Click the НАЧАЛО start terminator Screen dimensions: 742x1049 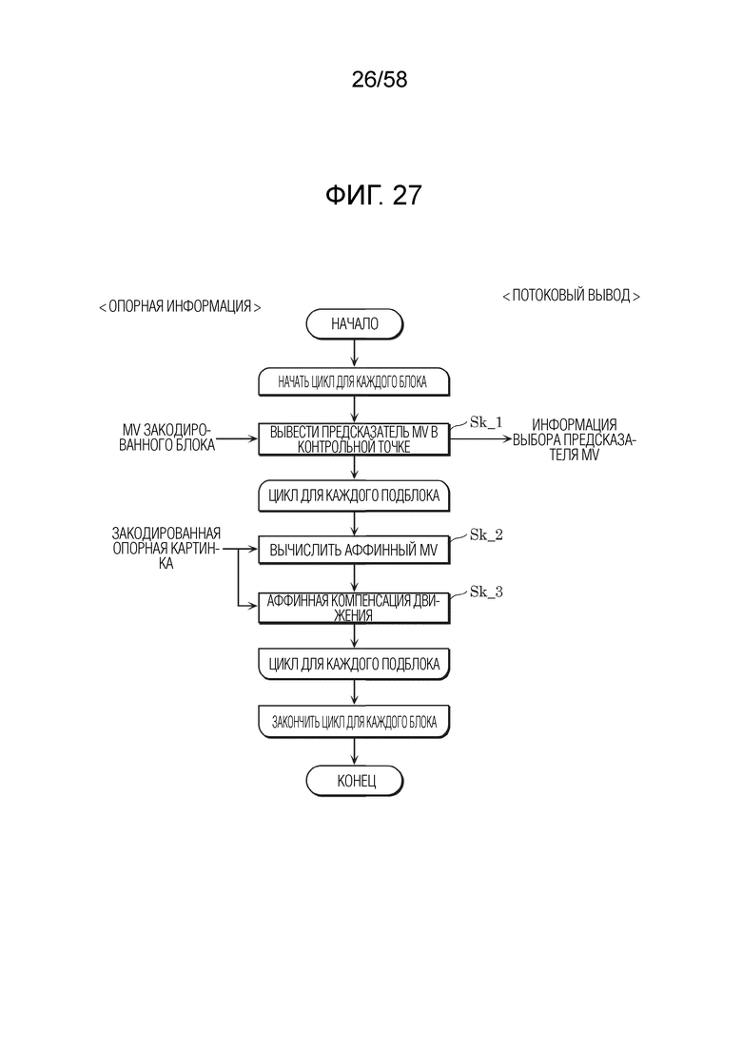click(355, 324)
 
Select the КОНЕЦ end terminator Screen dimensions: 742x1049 click(355, 781)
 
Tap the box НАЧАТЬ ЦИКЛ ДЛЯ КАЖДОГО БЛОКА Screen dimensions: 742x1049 click(354, 382)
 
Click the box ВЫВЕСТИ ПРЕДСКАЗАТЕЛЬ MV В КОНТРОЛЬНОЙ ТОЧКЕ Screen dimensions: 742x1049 click(354, 439)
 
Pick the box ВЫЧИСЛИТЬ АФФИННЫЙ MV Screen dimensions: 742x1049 click(354, 551)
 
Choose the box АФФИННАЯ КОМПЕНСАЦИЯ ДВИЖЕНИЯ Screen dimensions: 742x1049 click(354, 608)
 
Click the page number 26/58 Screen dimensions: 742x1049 click(380, 80)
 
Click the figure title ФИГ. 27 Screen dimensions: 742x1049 click(373, 195)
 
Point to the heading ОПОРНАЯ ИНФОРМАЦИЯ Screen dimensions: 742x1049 click(180, 306)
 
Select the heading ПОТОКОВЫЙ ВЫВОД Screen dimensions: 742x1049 click(571, 295)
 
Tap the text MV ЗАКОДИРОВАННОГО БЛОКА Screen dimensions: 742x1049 click(166, 437)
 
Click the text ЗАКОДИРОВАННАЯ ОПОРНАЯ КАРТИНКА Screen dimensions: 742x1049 click(166, 549)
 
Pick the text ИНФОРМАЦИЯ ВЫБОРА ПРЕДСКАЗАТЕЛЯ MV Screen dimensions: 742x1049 click(574, 439)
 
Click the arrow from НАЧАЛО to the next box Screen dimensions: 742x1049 click(355, 354)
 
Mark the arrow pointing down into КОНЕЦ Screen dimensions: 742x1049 click(355, 752)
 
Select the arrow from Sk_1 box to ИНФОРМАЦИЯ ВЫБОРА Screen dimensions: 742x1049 click(480, 439)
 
